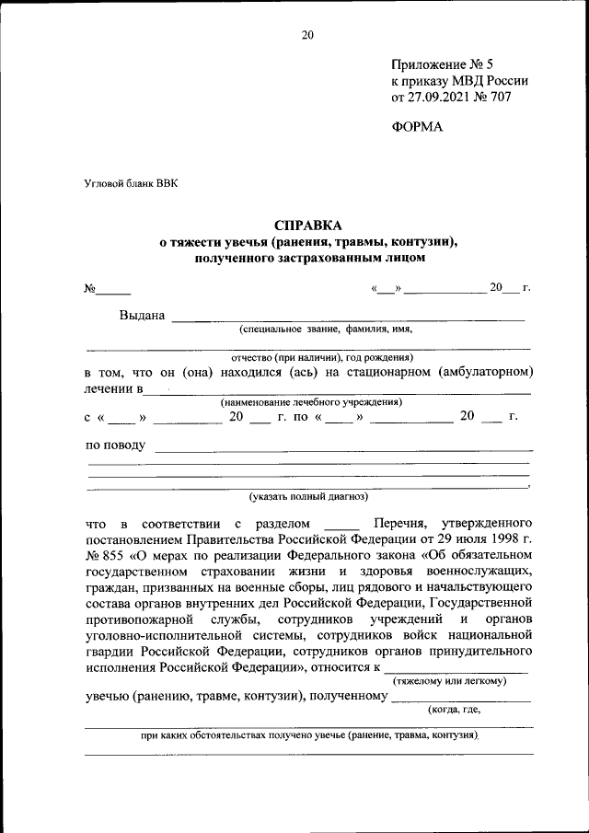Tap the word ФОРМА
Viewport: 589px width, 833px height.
(417, 127)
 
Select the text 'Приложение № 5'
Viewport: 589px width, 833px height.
(442, 64)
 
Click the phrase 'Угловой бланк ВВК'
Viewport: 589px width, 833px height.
(132, 183)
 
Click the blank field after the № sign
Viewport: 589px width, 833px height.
(115, 290)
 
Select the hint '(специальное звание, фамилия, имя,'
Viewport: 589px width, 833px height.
(326, 329)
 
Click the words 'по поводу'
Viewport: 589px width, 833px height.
(115, 445)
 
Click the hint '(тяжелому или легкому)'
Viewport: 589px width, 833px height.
(449, 681)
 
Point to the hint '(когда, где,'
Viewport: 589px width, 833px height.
(454, 710)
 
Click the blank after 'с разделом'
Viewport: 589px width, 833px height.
(343, 523)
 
